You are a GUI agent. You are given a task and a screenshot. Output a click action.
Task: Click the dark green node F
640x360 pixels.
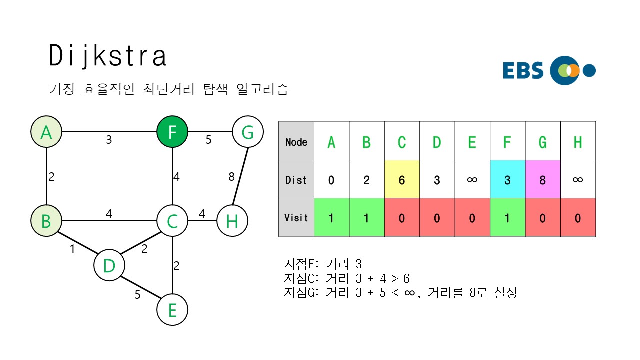pos(172,133)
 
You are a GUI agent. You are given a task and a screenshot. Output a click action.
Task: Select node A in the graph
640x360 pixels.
pos(46,133)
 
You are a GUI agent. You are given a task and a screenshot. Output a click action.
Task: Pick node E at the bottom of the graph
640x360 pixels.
pos(172,310)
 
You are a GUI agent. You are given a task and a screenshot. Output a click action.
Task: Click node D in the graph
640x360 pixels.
pos(109,266)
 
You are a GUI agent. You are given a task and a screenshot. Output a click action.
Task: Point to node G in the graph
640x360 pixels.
pos(248,133)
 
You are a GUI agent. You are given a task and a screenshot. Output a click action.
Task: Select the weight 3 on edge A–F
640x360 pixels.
pos(109,140)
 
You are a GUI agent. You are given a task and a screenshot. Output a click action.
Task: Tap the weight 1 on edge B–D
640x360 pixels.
pos(72,248)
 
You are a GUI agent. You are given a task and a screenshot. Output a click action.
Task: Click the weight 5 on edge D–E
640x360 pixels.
pos(137,295)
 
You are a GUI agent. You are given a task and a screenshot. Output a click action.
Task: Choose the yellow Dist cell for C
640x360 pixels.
pos(402,180)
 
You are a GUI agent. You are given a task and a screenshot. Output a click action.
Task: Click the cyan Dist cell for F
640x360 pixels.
pos(507,180)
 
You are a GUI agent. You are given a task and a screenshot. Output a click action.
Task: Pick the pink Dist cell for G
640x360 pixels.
pos(543,180)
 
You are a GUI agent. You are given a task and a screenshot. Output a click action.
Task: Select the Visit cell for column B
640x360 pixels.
pos(366,217)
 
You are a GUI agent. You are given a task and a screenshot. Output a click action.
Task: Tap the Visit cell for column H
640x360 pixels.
pos(578,217)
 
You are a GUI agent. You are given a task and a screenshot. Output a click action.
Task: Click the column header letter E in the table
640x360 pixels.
pos(472,142)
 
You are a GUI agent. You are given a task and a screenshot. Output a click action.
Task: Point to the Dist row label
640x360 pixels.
pos(296,180)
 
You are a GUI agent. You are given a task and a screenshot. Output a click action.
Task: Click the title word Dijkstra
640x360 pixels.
pos(107,56)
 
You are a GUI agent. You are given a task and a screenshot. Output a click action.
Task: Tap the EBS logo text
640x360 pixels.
pos(523,70)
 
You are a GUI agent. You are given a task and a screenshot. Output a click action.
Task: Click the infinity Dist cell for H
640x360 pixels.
pos(578,180)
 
